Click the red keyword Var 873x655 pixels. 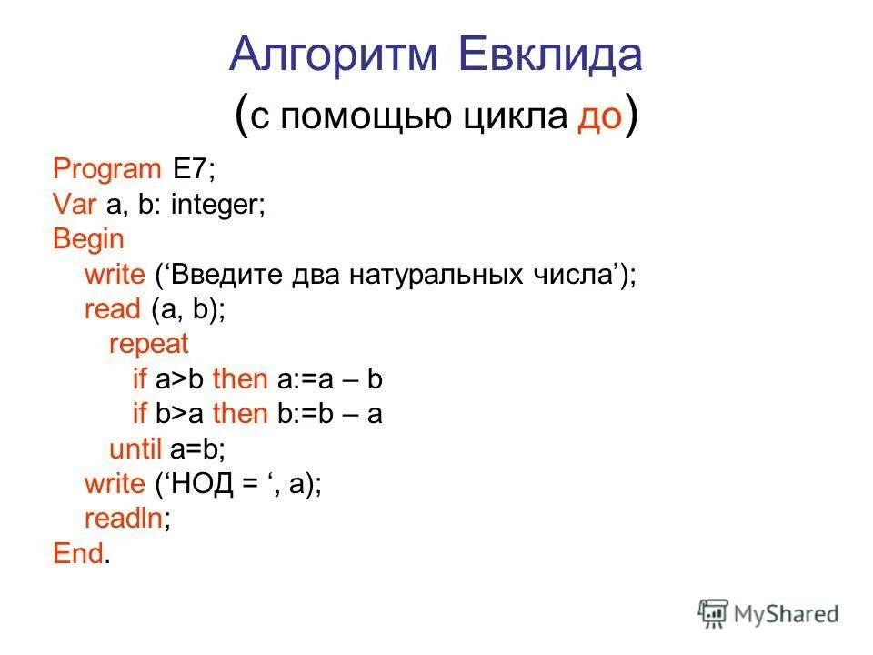(74, 205)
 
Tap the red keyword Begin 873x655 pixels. (88, 239)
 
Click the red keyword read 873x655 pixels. (111, 309)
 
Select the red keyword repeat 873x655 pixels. (148, 344)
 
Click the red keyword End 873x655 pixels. (77, 553)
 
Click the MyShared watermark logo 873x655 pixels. (768, 613)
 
